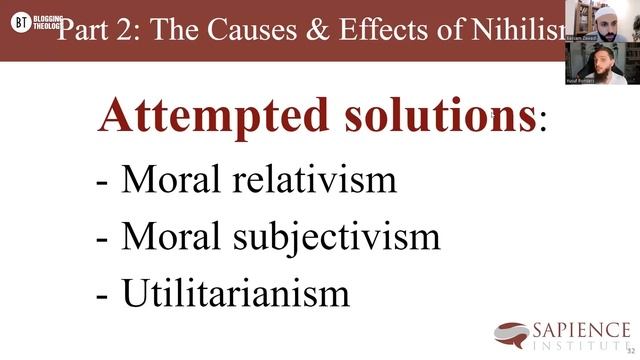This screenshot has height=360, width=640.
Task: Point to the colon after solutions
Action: [x=543, y=125]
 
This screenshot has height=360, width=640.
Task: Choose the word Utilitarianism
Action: [x=236, y=292]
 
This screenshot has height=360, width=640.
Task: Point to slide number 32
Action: [x=630, y=350]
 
